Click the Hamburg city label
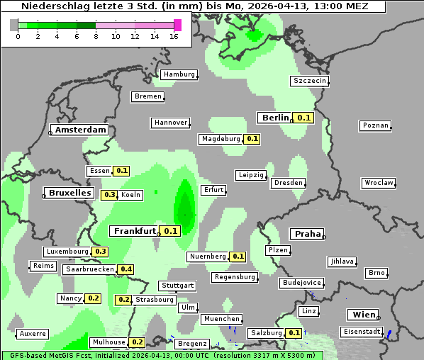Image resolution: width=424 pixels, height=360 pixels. pyautogui.click(x=179, y=74)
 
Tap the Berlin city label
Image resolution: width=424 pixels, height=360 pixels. pyautogui.click(x=275, y=118)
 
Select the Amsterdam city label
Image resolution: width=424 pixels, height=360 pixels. pyautogui.click(x=80, y=130)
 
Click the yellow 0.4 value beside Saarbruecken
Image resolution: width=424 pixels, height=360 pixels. pyautogui.click(x=125, y=269)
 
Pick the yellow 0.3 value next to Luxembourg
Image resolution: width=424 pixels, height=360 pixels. pyautogui.click(x=100, y=252)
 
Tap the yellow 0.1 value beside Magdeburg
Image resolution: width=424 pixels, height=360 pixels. pyautogui.click(x=252, y=139)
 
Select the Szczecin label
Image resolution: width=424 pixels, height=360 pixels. pyautogui.click(x=310, y=81)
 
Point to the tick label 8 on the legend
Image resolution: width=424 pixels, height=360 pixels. pyautogui.click(x=96, y=36)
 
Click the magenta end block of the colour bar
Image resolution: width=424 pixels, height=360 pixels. pyautogui.click(x=177, y=25)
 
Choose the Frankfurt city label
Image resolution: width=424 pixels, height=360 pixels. pyautogui.click(x=134, y=231)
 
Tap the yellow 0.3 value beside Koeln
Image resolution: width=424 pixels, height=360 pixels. pyautogui.click(x=109, y=195)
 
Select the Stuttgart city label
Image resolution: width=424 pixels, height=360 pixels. pyautogui.click(x=177, y=286)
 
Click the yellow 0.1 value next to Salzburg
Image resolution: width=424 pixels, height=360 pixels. pyautogui.click(x=294, y=333)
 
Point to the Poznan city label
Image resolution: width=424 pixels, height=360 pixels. pyautogui.click(x=375, y=125)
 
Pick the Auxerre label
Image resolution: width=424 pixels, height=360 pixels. pyautogui.click(x=33, y=333)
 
